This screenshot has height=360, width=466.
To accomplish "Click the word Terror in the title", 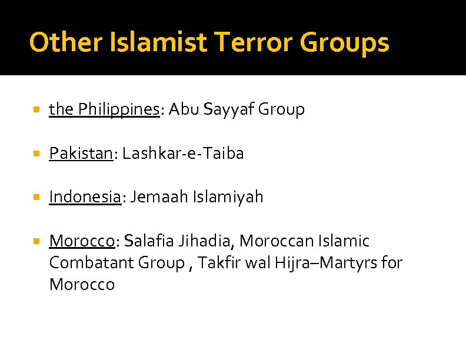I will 254,42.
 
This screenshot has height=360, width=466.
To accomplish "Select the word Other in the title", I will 61,42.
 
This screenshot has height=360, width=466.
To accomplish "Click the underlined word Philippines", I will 118,110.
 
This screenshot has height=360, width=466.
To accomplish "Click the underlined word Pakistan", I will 81,154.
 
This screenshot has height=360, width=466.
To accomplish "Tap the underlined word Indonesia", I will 85,197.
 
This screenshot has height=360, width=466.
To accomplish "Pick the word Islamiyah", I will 228,197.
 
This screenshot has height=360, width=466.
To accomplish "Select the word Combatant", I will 91,263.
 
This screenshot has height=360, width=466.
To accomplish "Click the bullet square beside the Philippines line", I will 36,110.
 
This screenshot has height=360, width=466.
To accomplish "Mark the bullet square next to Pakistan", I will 36,154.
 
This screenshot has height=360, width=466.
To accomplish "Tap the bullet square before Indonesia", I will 36,198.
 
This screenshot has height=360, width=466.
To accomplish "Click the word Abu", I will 184,110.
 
